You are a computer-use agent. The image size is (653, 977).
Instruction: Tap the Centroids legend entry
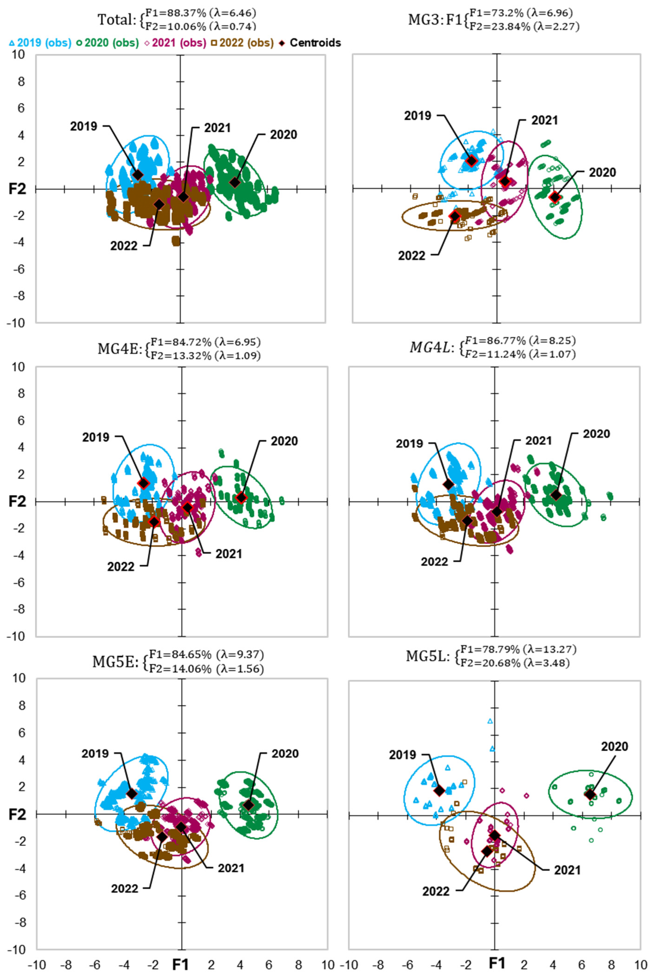(x=310, y=43)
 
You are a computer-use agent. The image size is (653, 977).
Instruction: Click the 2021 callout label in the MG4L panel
(x=538, y=441)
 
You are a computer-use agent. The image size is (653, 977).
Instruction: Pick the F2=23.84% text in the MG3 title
(x=495, y=27)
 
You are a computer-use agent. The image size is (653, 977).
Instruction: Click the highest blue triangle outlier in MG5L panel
(x=490, y=721)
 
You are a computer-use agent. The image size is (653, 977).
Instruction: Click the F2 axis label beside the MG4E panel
(x=17, y=501)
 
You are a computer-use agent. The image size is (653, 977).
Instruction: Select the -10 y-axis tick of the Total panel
(x=21, y=323)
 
